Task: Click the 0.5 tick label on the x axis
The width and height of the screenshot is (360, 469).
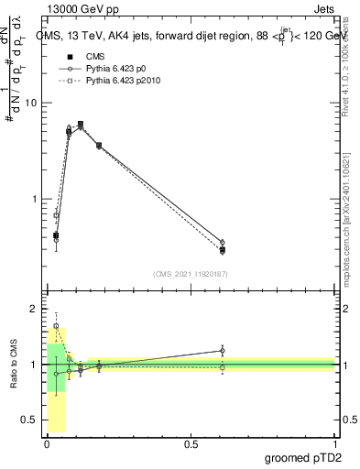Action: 191,445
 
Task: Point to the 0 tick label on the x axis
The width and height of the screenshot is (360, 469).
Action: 48,445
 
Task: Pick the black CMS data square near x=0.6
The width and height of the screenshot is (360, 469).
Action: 223,250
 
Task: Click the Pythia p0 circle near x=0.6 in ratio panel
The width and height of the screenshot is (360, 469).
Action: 223,351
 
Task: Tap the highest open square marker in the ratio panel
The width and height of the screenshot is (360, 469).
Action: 57,325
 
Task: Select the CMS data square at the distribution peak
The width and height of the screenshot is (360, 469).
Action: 81,124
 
